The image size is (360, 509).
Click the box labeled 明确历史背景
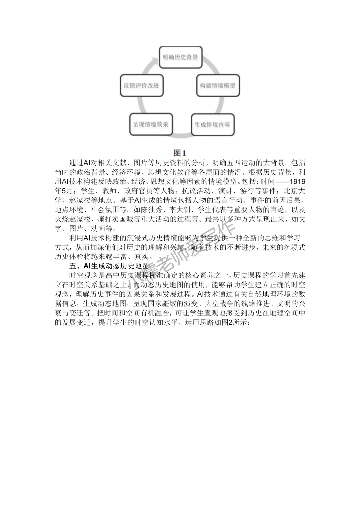coord(180,57)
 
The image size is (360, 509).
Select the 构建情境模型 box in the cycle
coord(217,86)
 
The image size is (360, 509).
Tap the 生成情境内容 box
coord(212,125)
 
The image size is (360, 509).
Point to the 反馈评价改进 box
coord(141,85)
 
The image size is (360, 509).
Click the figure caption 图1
coord(180,153)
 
